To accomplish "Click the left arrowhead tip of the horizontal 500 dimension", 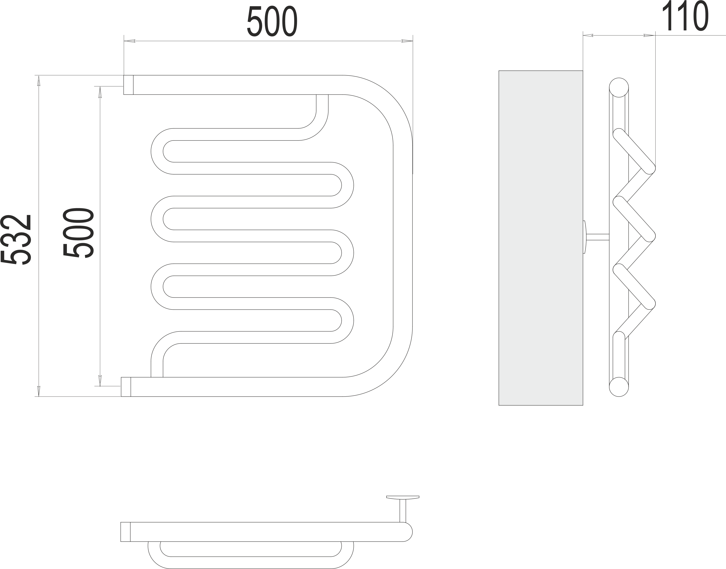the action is pyautogui.click(x=124, y=41).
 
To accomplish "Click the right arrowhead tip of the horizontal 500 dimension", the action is pyautogui.click(x=413, y=41).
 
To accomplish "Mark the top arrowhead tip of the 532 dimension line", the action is pyautogui.click(x=39, y=76).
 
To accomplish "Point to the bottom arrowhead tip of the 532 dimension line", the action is pyautogui.click(x=39, y=396).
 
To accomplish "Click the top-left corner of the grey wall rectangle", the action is pyautogui.click(x=499, y=71).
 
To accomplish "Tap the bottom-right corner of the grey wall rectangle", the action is pyautogui.click(x=583, y=405).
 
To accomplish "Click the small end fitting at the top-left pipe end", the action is pyautogui.click(x=128, y=85).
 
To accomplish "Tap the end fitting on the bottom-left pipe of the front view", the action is pyautogui.click(x=126, y=387).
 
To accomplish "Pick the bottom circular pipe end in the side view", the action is pyautogui.click(x=619, y=387).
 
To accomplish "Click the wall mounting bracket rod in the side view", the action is pyautogui.click(x=597, y=237).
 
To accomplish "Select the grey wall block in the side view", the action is pyautogui.click(x=541, y=238).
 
